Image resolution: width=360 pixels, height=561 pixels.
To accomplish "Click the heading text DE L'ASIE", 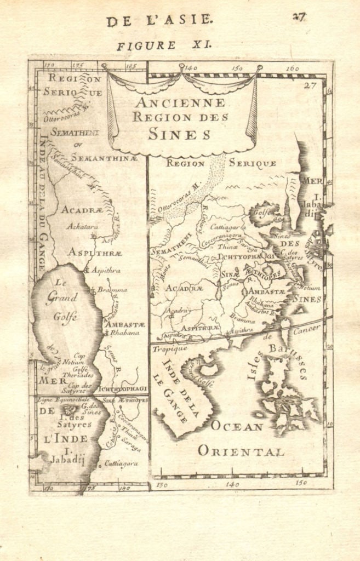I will coord(159,20).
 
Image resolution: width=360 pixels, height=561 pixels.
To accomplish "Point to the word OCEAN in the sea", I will coord(237,427).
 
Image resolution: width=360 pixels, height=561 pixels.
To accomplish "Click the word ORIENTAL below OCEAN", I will coord(241,451).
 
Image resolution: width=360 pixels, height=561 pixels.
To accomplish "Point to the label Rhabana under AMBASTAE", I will coord(122,333).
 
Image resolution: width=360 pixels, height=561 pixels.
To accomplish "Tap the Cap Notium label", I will coord(77,359).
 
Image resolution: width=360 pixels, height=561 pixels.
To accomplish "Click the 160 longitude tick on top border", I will coord(292,70).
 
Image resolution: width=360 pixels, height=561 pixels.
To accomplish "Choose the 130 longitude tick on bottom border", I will coord(161,485).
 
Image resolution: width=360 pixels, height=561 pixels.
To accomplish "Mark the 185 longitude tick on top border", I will coord(131,67).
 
